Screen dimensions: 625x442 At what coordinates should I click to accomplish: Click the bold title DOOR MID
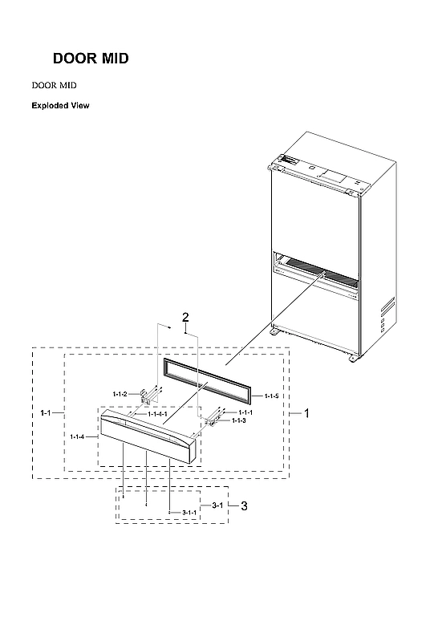pos(90,59)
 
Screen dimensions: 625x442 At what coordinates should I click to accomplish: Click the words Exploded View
pos(60,105)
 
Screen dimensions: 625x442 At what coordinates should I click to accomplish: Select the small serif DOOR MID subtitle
pos(54,84)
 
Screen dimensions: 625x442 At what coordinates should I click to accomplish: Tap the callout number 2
pos(185,318)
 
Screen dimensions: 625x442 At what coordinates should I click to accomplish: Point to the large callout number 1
pos(306,412)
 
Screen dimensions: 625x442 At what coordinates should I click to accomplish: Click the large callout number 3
pos(244,505)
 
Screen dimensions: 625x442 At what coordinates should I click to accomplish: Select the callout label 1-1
pos(46,412)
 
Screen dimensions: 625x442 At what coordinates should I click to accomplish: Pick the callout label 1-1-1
pos(244,412)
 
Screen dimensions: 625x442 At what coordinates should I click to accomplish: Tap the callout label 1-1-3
pos(239,420)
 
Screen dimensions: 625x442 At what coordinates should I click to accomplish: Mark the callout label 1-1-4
pos(78,436)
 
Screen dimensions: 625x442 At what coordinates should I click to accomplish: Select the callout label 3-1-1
pos(189,512)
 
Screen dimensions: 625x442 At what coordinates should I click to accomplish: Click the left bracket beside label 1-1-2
pos(148,395)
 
